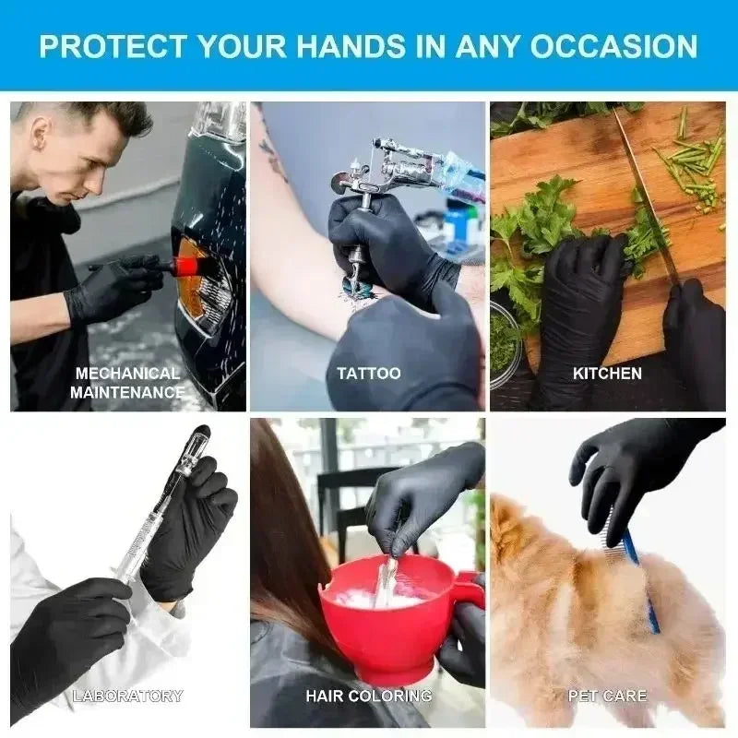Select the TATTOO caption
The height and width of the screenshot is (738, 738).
point(368,374)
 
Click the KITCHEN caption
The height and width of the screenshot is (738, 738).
point(607,374)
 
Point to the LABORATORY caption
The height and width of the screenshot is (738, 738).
point(127,696)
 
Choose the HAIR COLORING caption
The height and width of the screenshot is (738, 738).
point(368,696)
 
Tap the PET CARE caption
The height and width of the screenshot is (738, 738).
point(607,696)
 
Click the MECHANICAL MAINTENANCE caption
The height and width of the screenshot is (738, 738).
point(127,382)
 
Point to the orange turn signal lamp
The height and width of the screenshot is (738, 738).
point(196,286)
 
